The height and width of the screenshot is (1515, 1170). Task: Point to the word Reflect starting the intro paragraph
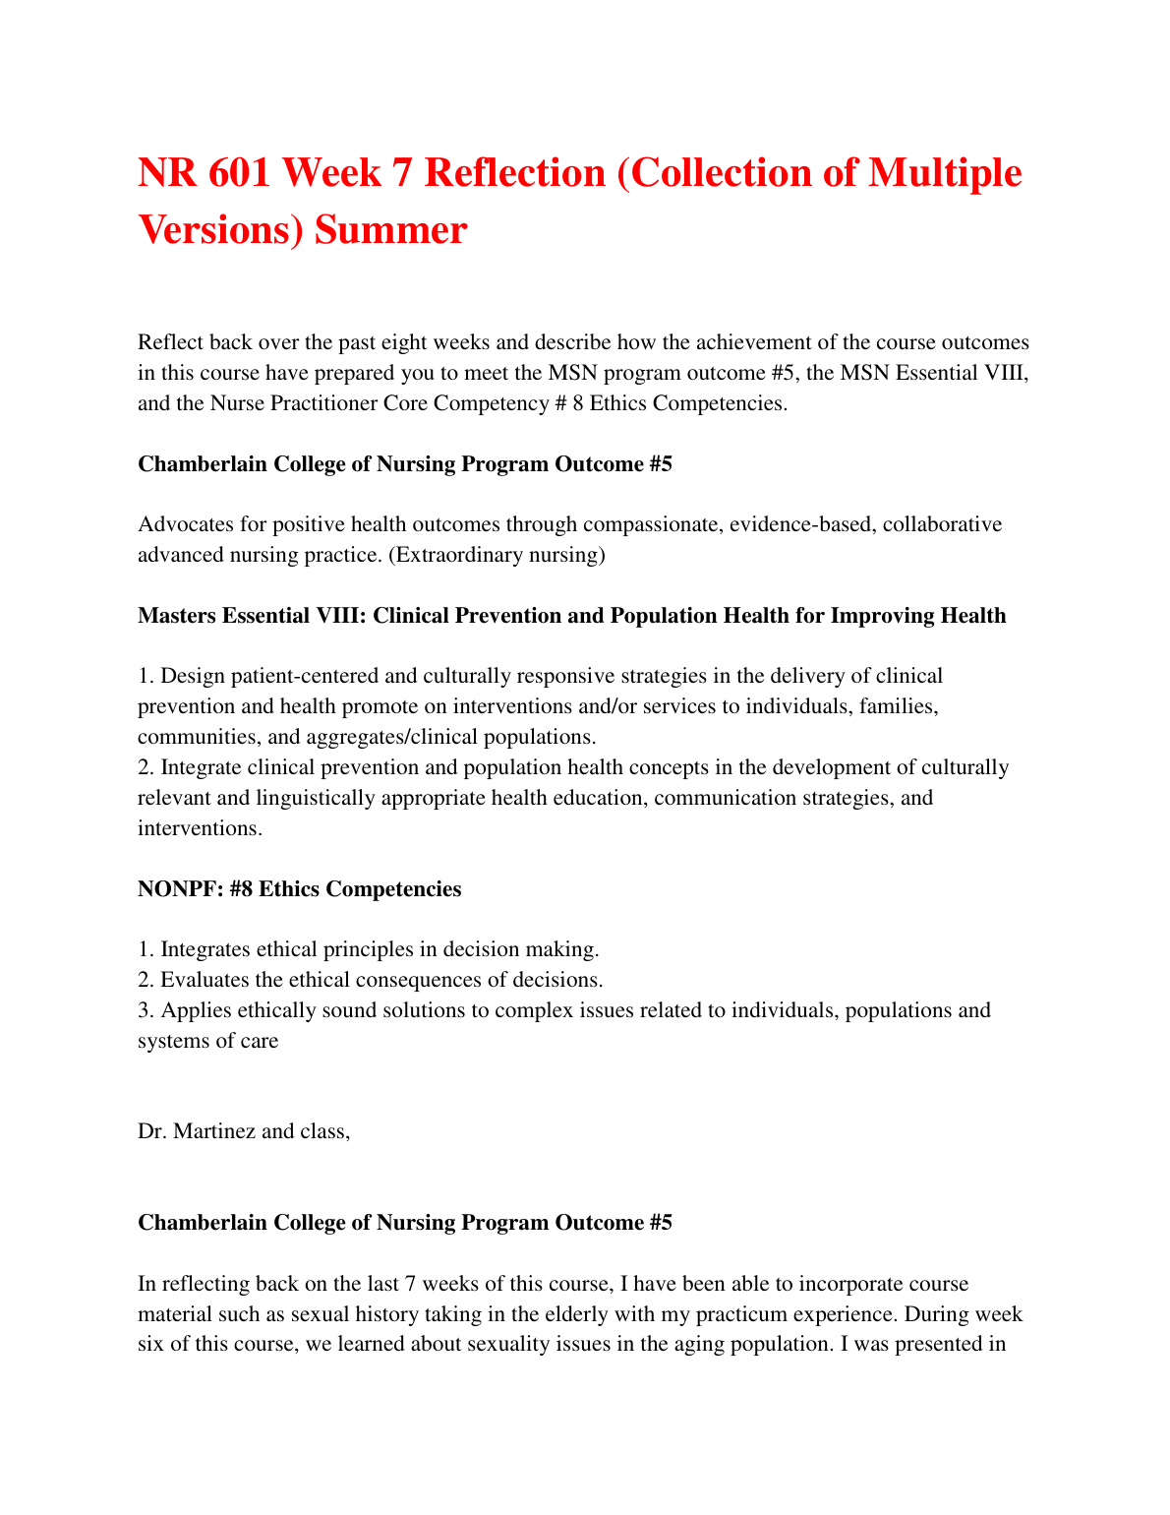(x=171, y=342)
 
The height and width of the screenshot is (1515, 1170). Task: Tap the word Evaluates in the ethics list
(x=205, y=980)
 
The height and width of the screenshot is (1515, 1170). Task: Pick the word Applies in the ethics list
(x=193, y=1010)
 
